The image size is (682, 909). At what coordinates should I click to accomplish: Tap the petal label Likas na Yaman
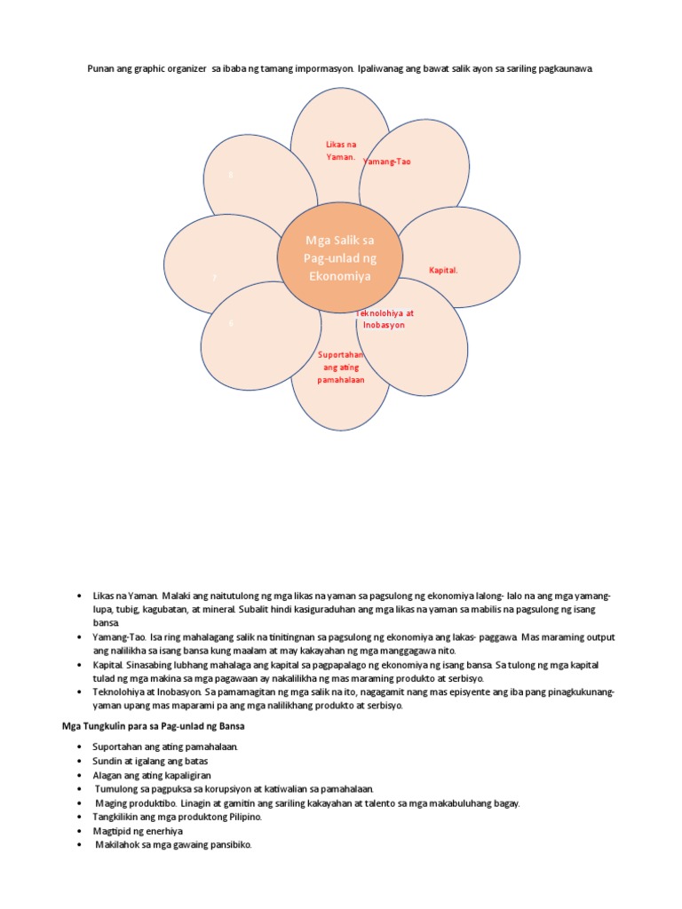(340, 150)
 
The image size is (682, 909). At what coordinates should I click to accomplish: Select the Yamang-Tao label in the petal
(387, 162)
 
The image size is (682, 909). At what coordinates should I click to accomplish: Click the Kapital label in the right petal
(443, 270)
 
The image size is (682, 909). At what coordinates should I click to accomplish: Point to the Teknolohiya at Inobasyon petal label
(385, 320)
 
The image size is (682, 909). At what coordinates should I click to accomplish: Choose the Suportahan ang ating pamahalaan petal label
(342, 367)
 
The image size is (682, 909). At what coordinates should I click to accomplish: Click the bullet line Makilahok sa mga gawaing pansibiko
(174, 845)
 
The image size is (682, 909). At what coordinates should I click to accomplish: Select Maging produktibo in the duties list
(128, 802)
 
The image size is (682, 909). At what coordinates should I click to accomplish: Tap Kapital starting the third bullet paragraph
(107, 665)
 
